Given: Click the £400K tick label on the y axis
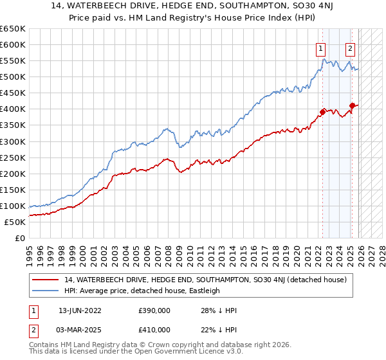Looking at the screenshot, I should pos(13,109).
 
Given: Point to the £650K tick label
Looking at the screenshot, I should pos(13,29).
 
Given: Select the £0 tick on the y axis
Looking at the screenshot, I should pos(20,238).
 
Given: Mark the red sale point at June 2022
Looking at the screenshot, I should pos(323,111).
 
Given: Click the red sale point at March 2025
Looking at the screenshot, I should pos(352,105).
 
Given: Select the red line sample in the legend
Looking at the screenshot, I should pos(46,280).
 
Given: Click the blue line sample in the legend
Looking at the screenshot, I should pos(46,291).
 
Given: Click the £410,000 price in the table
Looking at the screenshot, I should pos(154,328).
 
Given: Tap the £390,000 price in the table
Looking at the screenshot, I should pos(154,310).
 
